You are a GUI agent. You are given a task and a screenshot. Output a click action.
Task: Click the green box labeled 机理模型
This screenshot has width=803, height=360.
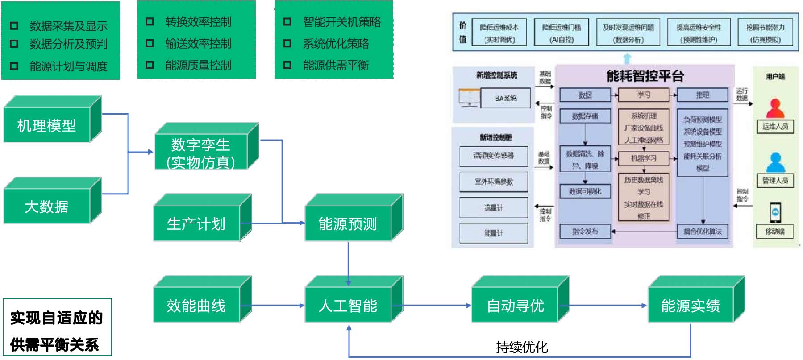click(x=47, y=125)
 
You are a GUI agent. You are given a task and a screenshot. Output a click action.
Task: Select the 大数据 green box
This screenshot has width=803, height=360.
click(x=47, y=207)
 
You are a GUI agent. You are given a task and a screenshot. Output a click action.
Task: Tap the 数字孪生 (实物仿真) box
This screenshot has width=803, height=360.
click(x=200, y=153)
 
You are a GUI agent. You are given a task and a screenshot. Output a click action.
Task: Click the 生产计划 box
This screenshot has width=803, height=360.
click(x=196, y=223)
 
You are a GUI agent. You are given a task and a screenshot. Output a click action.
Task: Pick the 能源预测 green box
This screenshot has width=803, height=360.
click(x=348, y=223)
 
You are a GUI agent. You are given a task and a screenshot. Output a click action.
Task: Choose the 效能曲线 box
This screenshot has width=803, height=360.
click(x=196, y=306)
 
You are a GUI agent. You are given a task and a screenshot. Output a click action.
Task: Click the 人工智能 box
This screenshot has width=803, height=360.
click(x=348, y=306)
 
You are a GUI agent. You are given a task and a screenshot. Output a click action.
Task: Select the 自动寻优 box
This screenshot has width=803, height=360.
click(x=515, y=306)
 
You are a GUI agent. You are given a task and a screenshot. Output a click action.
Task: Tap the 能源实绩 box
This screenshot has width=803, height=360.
click(x=691, y=306)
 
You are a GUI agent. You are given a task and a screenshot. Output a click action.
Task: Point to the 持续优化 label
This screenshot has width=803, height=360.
click(x=521, y=347)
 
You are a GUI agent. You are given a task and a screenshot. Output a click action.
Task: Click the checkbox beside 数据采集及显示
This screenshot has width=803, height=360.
click(x=14, y=26)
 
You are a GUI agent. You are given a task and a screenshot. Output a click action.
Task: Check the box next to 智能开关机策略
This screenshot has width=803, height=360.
click(x=287, y=21)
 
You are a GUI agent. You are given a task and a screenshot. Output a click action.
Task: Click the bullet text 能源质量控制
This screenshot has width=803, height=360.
click(x=198, y=66)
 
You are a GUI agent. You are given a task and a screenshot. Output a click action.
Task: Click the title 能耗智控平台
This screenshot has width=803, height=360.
click(x=645, y=76)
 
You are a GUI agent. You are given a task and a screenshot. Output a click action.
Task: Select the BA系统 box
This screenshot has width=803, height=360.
click(x=506, y=98)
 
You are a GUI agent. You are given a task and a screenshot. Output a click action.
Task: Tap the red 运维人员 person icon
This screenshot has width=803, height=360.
click(x=775, y=108)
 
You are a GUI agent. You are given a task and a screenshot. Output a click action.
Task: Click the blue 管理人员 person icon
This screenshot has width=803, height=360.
click(x=775, y=162)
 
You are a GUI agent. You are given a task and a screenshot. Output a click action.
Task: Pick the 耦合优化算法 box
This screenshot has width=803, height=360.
click(x=702, y=231)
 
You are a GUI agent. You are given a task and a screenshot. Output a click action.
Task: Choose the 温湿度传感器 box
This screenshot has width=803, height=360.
click(x=493, y=156)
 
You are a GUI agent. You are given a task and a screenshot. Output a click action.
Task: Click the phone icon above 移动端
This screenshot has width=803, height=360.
click(x=775, y=212)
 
